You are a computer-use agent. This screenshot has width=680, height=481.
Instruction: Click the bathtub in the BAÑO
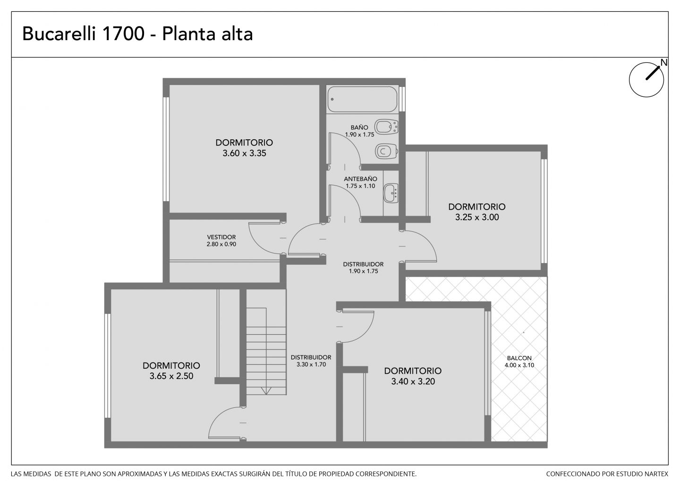coord(362,99)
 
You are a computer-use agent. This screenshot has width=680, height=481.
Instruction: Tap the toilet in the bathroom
coord(387,151)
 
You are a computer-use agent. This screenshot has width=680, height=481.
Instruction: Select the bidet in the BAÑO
coord(386,127)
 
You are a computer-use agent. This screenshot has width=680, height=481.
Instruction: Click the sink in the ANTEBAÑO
coord(391,193)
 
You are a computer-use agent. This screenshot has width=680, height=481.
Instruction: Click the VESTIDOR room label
coord(221,237)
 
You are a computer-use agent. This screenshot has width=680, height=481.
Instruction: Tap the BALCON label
coord(519,358)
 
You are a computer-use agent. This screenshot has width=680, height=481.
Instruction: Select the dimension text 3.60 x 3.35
coord(245,153)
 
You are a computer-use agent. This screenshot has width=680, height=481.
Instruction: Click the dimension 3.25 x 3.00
coord(477,217)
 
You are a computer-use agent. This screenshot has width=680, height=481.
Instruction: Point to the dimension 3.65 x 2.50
coord(171,376)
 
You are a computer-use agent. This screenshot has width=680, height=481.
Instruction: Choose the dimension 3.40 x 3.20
coord(413,381)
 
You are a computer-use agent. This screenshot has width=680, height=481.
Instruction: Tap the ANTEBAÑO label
coord(361,179)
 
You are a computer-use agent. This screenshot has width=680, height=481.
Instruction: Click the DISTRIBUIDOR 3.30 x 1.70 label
coord(311,361)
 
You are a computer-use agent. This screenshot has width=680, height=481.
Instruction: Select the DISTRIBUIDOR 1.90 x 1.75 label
coord(364,268)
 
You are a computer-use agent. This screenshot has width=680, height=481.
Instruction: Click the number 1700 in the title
coord(123,34)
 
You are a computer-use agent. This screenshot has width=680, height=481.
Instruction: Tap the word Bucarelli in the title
coord(59,34)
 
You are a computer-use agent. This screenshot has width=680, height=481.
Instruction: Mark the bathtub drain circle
coord(332,99)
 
